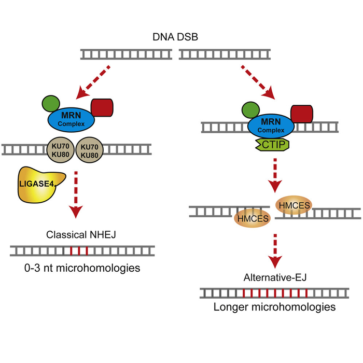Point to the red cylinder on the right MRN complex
coord(301,113)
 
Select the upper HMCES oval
coord(295,206)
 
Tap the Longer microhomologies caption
coord(274,307)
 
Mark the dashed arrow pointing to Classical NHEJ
coord(77,192)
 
